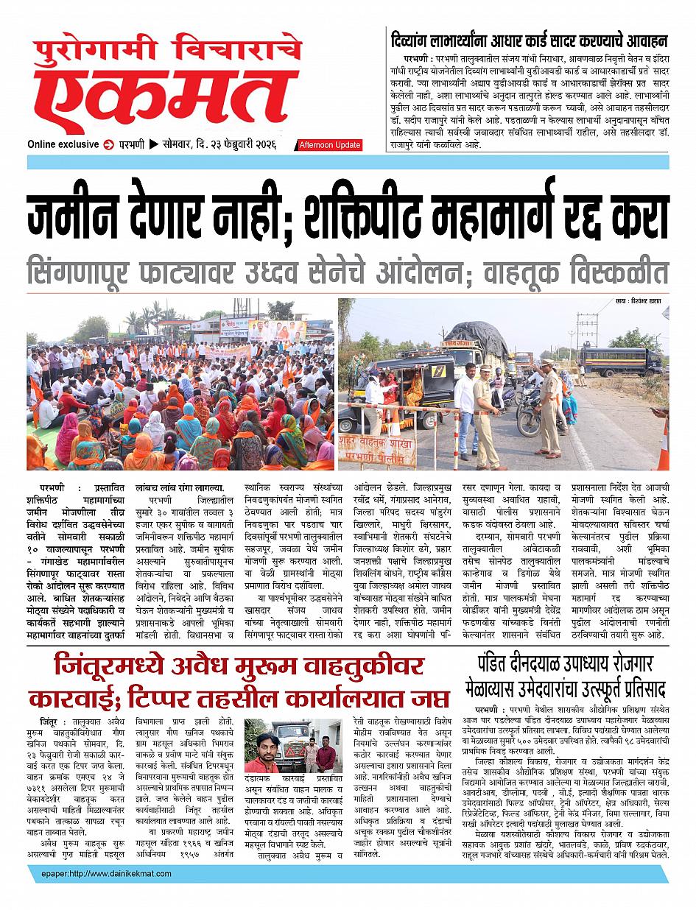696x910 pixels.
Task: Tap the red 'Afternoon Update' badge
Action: [x=329, y=145]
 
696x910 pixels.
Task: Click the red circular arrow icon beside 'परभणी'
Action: [x=109, y=144]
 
